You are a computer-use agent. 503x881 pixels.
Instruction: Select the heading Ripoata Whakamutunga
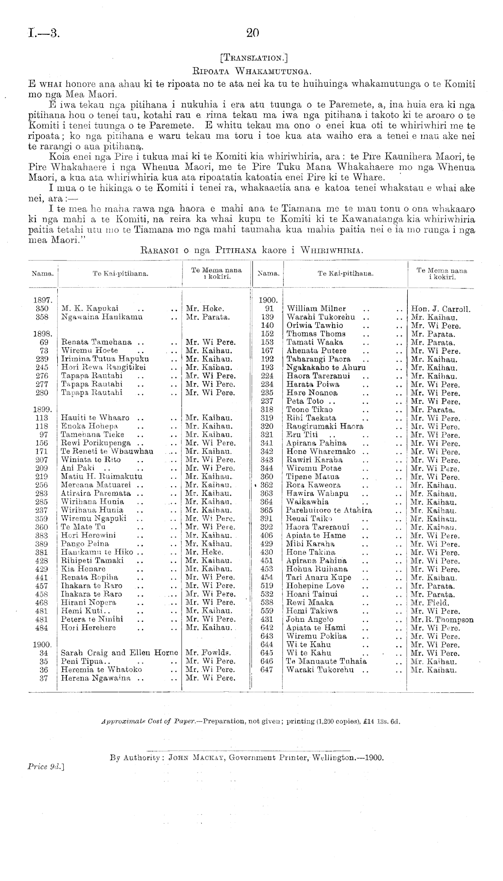click(x=252, y=70)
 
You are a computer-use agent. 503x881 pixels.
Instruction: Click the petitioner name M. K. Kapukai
click(x=90, y=308)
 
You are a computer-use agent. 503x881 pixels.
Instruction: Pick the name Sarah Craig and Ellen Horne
click(x=120, y=653)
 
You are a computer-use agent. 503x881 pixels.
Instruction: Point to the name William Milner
click(x=317, y=309)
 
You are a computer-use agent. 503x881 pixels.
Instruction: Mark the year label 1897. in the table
click(x=43, y=300)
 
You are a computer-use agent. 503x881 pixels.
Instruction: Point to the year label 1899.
click(x=43, y=409)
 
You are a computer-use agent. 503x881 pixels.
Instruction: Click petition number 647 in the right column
click(x=267, y=669)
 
